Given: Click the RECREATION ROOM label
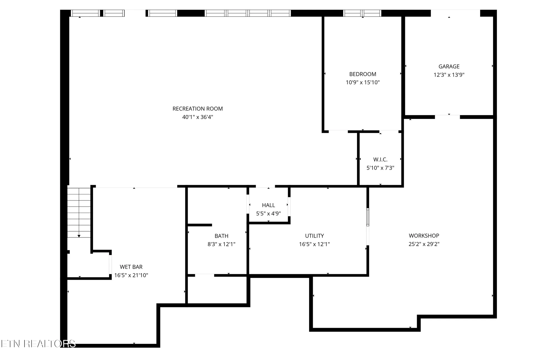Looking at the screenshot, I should [x=197, y=109].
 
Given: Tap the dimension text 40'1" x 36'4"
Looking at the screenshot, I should [x=197, y=117].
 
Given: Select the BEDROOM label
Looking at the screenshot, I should [x=363, y=74].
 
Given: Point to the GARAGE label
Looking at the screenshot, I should [x=449, y=66].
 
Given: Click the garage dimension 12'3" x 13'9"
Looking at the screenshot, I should [x=449, y=75].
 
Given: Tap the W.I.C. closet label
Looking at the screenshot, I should [x=380, y=159].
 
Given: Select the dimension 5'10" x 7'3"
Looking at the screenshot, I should [x=380, y=168].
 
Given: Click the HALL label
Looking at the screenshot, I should [x=268, y=205].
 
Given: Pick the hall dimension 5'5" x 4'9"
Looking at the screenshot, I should [x=268, y=213].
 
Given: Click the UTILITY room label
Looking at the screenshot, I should [x=314, y=236].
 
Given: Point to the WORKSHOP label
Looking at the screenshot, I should [x=424, y=235].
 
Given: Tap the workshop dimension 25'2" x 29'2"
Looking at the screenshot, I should [x=424, y=244].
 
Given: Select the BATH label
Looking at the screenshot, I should [x=221, y=236].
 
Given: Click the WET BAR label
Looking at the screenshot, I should [x=131, y=267].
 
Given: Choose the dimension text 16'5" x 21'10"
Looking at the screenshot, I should [x=131, y=275].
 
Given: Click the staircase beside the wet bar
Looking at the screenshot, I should [x=79, y=212].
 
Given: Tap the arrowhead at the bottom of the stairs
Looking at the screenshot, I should [x=79, y=236].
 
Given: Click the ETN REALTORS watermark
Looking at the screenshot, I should [x=38, y=344].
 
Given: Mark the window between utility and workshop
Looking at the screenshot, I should [x=368, y=217].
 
